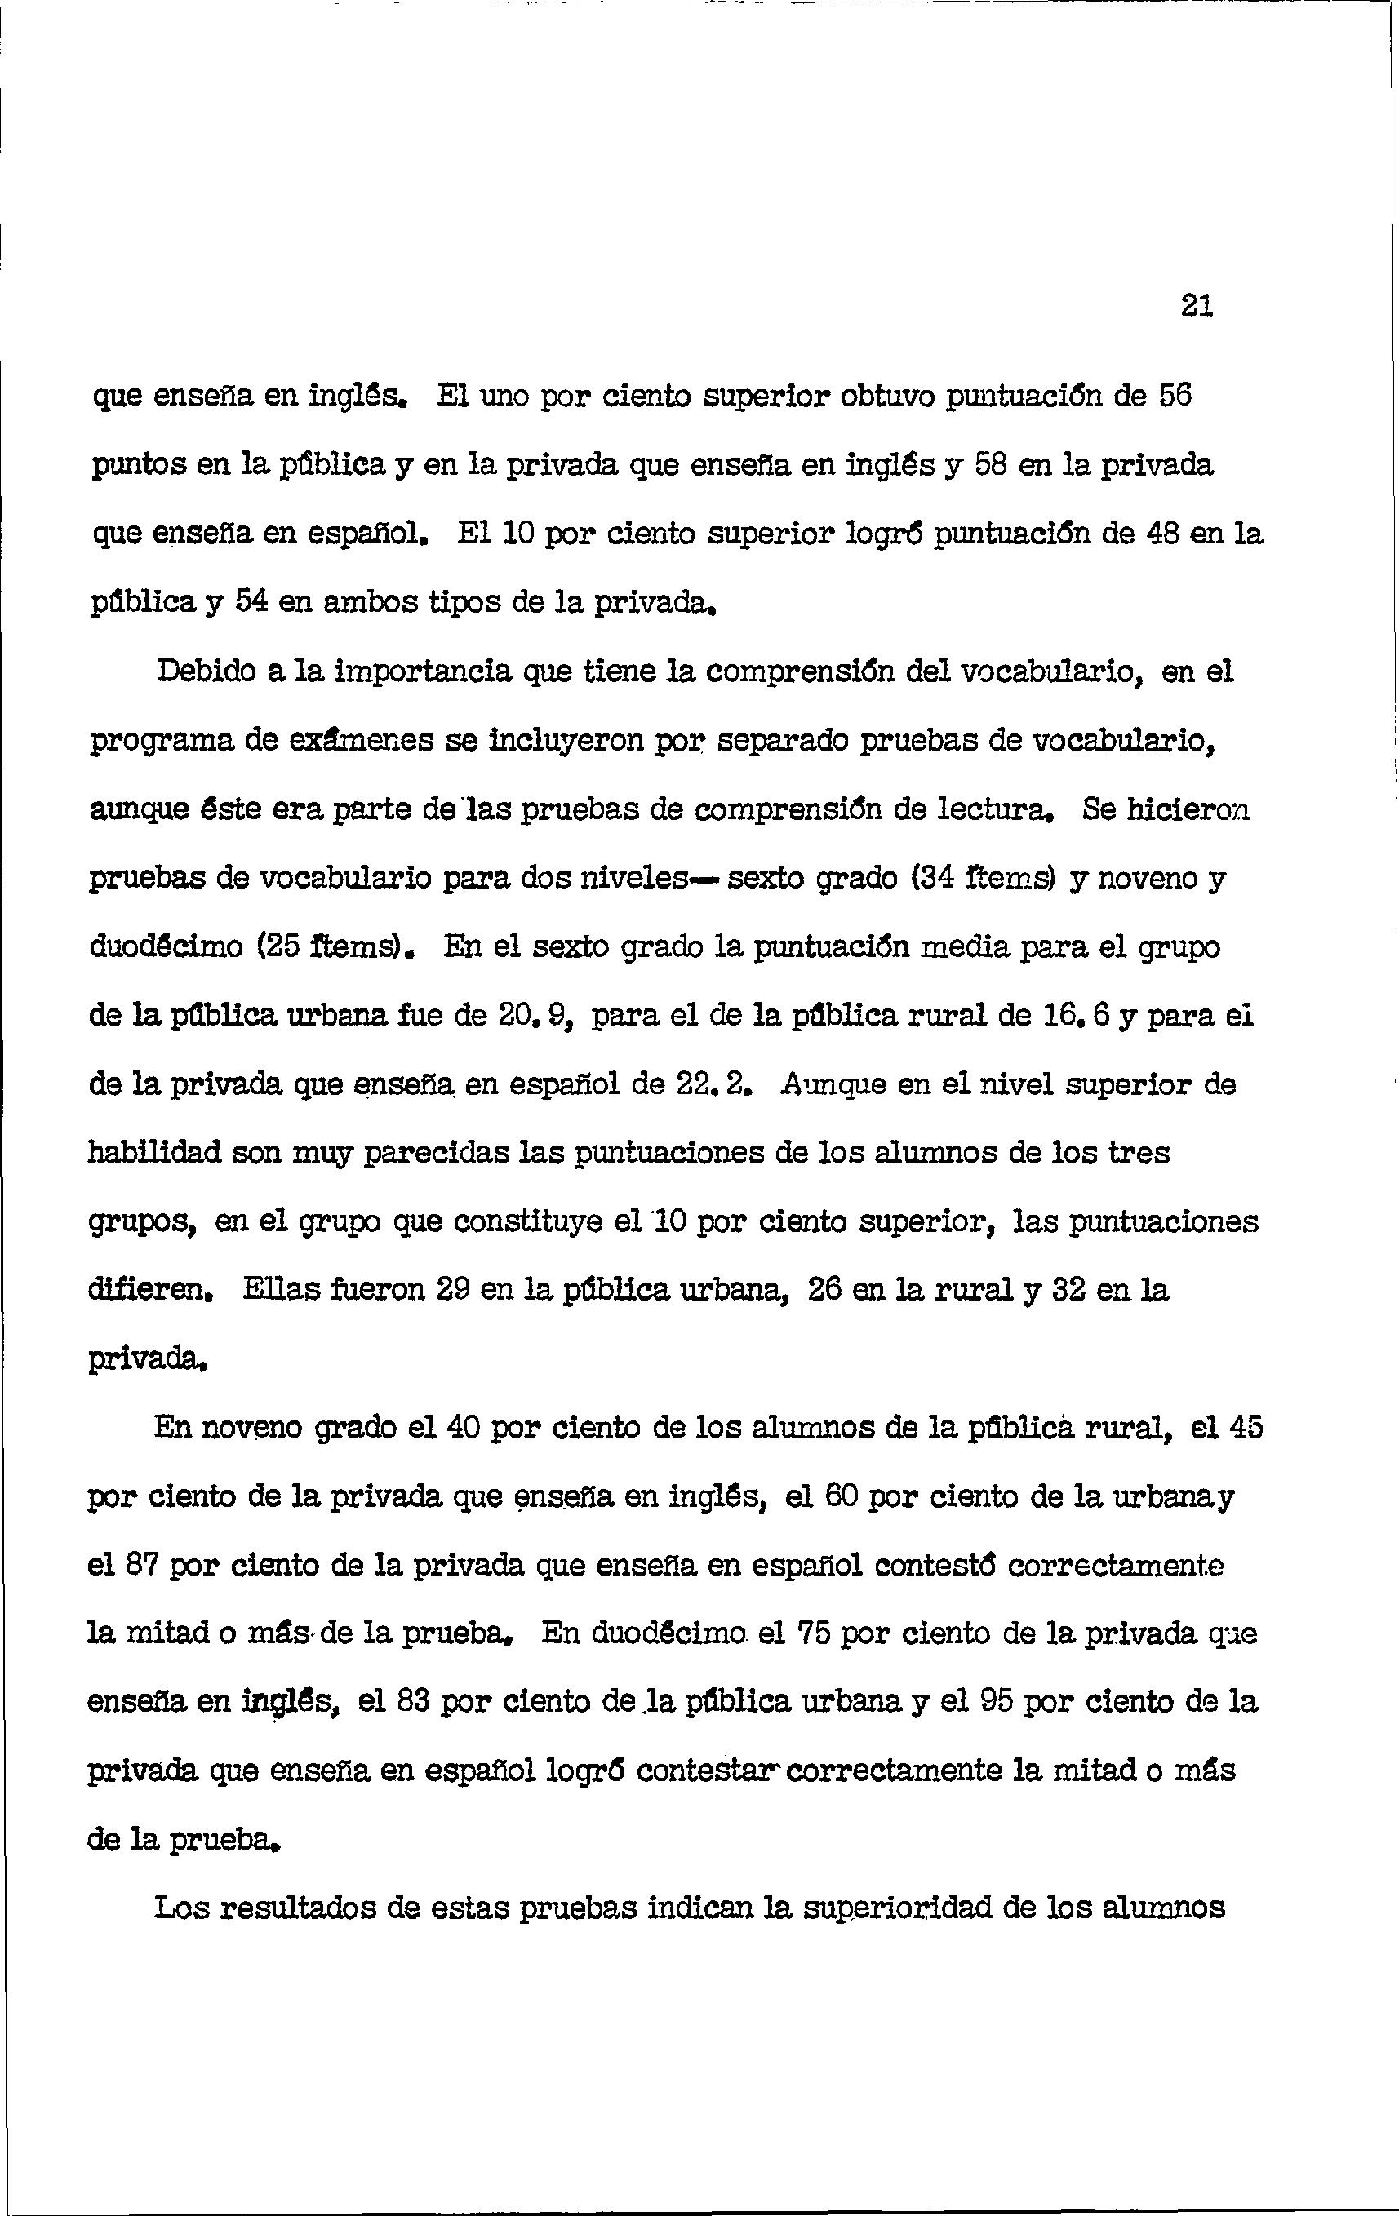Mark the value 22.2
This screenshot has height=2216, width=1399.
(708, 1085)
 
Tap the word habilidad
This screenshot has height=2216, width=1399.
(154, 1153)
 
